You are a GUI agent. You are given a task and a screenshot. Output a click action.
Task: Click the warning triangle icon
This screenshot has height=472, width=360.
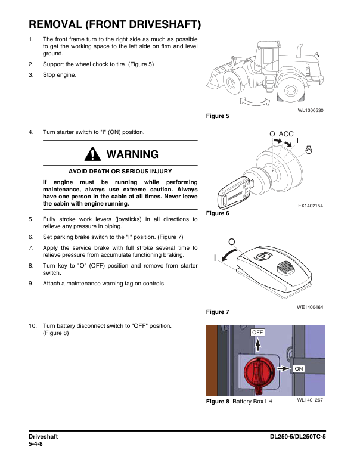[93, 154]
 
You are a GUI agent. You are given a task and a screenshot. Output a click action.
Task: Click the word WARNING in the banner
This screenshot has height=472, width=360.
[132, 154]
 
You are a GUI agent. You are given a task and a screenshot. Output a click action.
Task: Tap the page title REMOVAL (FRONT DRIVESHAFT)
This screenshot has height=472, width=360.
[114, 25]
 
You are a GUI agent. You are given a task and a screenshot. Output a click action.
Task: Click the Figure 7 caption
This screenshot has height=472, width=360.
[218, 312]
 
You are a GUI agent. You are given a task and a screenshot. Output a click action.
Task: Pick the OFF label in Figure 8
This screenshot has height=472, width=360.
[257, 332]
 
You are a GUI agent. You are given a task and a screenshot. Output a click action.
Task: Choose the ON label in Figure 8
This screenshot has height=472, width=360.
[299, 369]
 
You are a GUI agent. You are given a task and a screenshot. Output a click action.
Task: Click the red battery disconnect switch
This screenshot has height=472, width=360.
[258, 374]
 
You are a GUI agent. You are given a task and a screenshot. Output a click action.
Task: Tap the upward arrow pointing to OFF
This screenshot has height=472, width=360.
[257, 346]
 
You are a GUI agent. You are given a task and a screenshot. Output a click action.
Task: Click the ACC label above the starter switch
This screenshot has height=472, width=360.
[286, 134]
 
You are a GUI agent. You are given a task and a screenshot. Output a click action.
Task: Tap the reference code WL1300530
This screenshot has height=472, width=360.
[311, 110]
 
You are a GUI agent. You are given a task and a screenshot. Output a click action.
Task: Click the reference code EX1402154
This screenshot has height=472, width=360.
[311, 206]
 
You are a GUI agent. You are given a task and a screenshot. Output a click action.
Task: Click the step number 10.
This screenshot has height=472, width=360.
[33, 326]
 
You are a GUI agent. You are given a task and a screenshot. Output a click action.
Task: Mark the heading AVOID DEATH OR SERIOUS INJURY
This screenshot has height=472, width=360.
[120, 172]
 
